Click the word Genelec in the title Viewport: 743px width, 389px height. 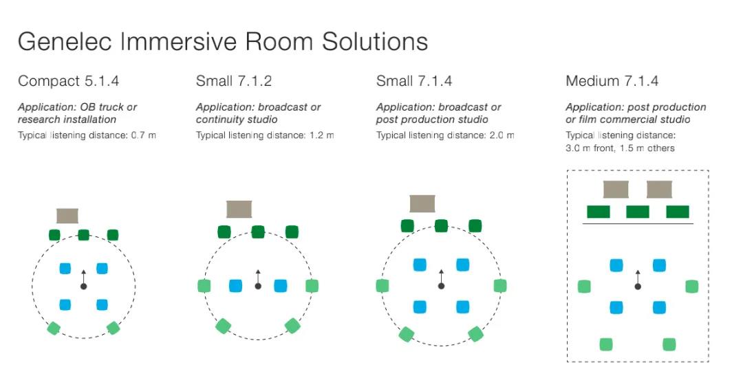tap(65, 41)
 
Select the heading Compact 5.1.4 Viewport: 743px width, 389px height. tap(68, 81)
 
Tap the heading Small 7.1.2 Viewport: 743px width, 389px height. tap(234, 81)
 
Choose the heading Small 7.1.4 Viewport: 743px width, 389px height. tap(414, 81)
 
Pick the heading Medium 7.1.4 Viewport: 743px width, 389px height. tap(612, 81)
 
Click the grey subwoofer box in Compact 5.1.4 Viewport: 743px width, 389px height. tap(67, 216)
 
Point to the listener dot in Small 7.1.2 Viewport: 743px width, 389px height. tap(258, 287)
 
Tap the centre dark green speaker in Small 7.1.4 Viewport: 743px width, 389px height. tap(441, 225)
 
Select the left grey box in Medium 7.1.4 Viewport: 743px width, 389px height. tap(616, 189)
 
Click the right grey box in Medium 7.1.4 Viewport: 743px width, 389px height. tap(659, 189)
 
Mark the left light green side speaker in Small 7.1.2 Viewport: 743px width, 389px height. tap(204, 286)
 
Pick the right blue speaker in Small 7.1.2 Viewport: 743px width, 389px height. tap(281, 286)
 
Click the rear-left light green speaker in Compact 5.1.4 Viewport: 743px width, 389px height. tap(54, 328)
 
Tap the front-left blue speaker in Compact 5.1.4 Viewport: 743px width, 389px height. tap(65, 268)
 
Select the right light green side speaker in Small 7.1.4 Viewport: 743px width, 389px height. tap(500, 286)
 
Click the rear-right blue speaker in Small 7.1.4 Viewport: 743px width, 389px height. tap(462, 307)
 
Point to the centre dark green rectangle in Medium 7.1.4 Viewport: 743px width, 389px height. tap(637, 212)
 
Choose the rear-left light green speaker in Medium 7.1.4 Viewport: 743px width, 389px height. tap(606, 344)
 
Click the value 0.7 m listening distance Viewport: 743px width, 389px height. tap(144, 135)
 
